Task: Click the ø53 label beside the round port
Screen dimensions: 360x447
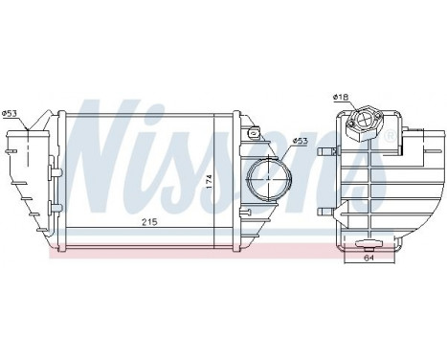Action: tap(300, 142)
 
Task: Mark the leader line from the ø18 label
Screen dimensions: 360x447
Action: tap(350, 107)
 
